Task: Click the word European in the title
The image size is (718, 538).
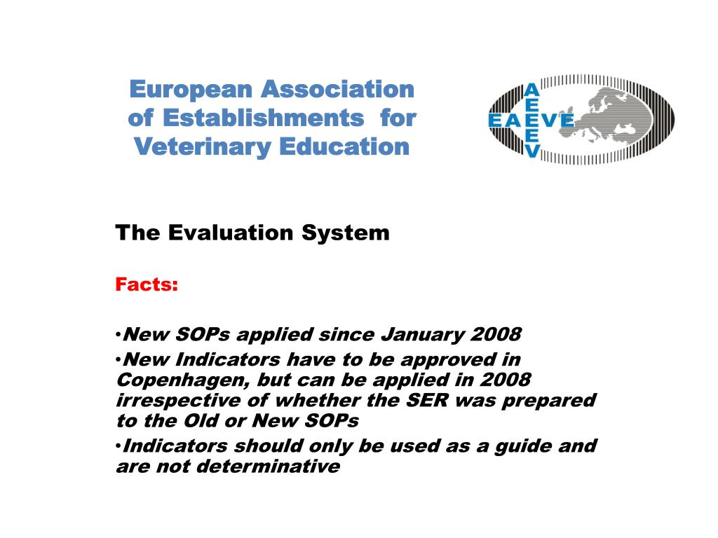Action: point(191,90)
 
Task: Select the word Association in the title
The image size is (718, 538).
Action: point(338,89)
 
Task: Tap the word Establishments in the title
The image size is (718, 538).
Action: point(264,118)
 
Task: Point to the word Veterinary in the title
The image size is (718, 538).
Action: point(203,147)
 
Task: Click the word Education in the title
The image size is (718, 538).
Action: point(344,146)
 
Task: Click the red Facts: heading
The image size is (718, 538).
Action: point(147,284)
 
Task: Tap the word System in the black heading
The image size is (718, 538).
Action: point(346,233)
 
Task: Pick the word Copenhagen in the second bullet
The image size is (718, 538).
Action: point(183,380)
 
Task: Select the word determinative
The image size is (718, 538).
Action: point(268,467)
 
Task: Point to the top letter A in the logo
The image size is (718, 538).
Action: point(531,90)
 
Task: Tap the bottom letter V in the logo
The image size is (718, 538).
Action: point(531,151)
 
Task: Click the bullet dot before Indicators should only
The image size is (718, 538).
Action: point(118,445)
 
